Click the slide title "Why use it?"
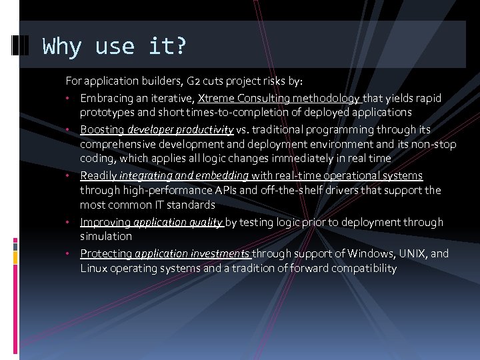pyautogui.click(x=115, y=47)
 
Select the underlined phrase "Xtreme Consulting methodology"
pyautogui.click(x=279, y=98)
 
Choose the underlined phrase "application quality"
pyautogui.click(x=178, y=222)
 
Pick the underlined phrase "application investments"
pyautogui.click(x=192, y=253)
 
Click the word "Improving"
pyautogui.click(x=105, y=222)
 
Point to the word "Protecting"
pyautogui.click(x=106, y=253)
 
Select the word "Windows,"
pyautogui.click(x=366, y=253)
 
